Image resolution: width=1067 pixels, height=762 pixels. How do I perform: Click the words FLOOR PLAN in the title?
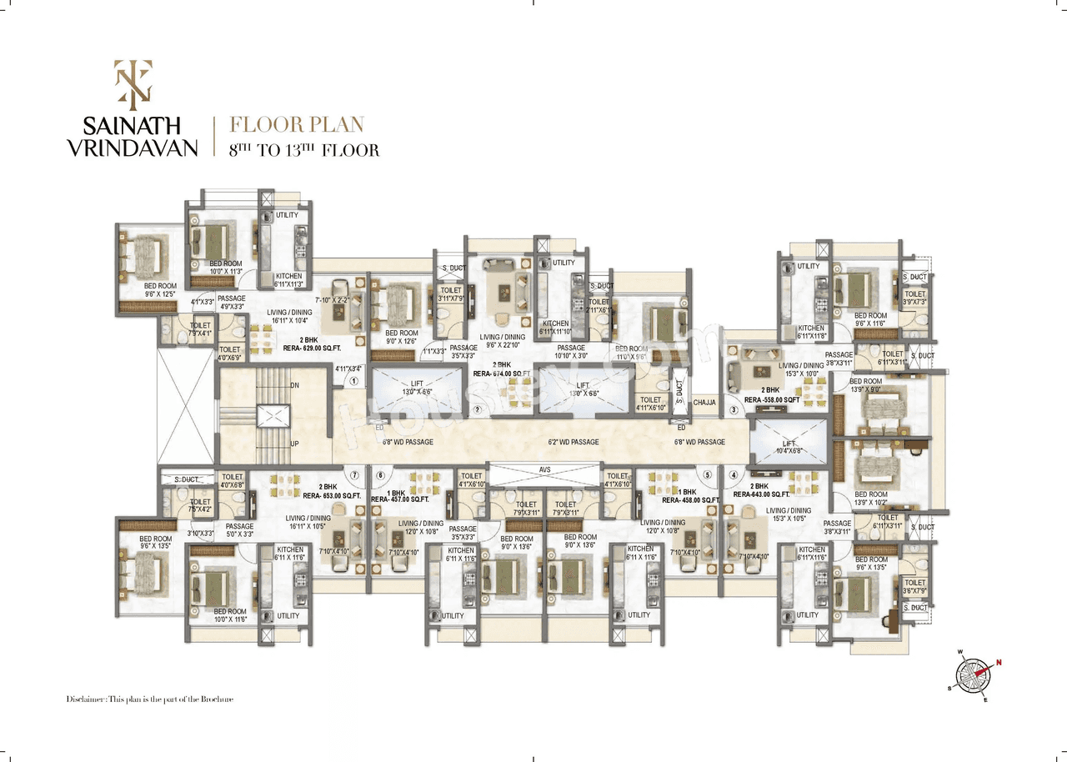(x=297, y=126)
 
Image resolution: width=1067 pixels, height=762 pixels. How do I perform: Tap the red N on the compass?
(x=999, y=663)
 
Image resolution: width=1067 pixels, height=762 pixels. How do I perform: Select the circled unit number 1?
(x=353, y=381)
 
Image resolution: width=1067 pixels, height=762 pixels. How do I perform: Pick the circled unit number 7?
(x=353, y=475)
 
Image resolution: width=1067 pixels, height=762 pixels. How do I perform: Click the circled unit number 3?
(x=734, y=409)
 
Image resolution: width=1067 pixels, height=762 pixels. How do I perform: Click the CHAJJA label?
(x=705, y=403)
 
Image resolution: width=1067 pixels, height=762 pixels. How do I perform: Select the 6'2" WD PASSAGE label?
(x=573, y=442)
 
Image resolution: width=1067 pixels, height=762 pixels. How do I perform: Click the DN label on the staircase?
(x=294, y=386)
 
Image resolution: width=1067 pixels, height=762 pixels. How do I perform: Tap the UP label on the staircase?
(x=294, y=444)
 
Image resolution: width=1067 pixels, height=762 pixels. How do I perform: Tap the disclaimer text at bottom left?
(x=149, y=699)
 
